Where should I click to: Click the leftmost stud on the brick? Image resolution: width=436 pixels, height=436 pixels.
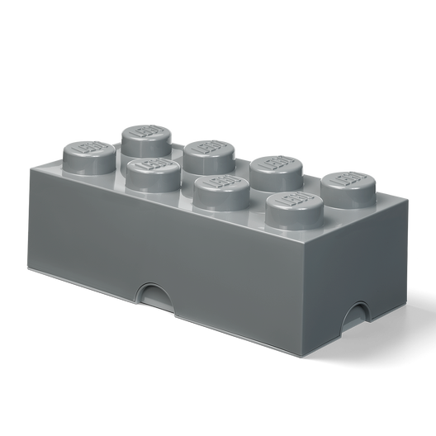pyautogui.click(x=83, y=154)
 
